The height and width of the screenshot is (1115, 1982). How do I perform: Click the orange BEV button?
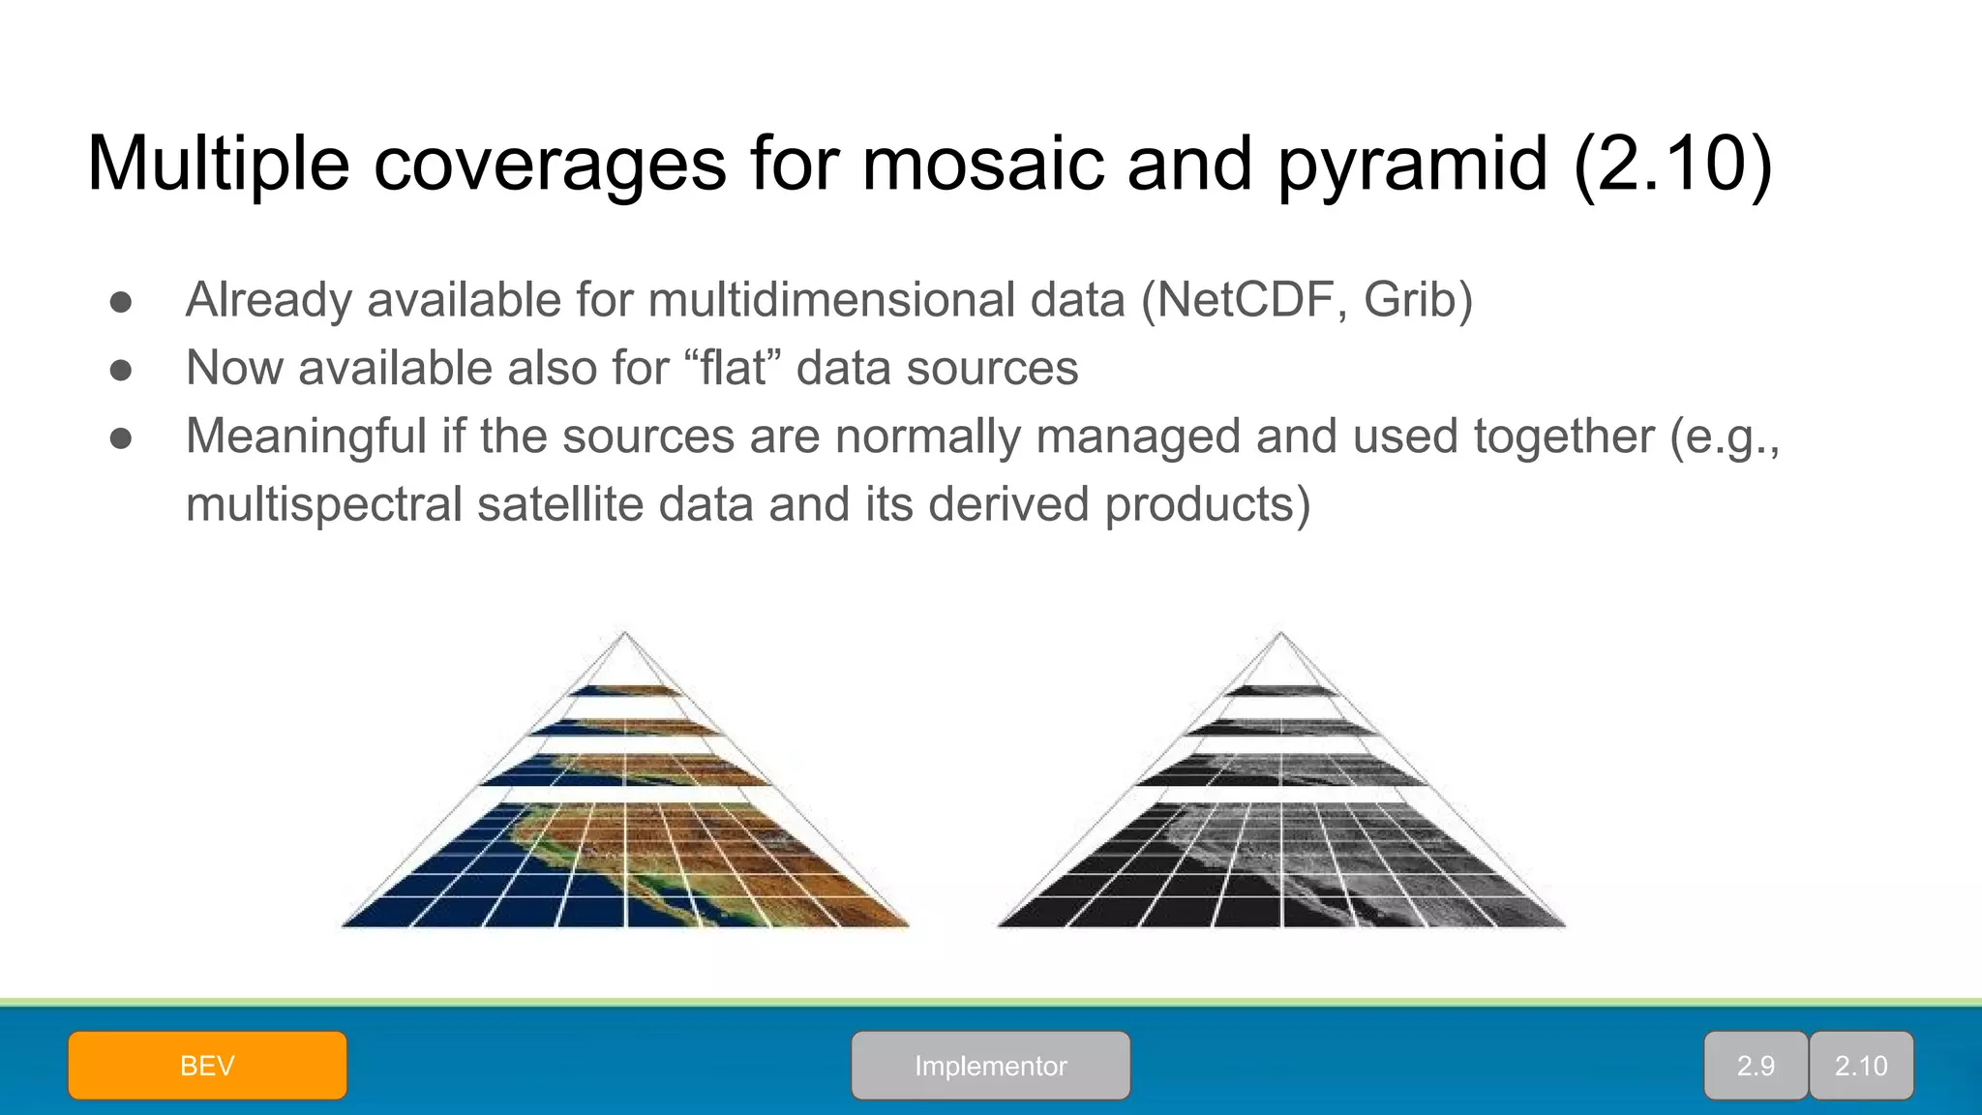click(x=207, y=1066)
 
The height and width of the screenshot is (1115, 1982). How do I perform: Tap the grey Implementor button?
click(x=990, y=1066)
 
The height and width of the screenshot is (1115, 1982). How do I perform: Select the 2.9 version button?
click(x=1755, y=1066)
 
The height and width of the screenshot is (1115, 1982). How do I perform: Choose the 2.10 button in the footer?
click(x=1861, y=1066)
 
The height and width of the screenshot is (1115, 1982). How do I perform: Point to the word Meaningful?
click(x=306, y=437)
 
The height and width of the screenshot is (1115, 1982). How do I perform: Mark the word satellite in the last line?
click(x=560, y=505)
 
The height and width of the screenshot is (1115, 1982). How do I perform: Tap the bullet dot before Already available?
click(x=121, y=302)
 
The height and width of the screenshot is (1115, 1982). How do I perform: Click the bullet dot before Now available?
click(x=121, y=371)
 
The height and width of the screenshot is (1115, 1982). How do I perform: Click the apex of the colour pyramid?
click(x=625, y=633)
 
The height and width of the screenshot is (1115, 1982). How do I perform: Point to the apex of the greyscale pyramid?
click(x=1280, y=633)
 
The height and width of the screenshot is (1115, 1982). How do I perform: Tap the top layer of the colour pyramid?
click(x=625, y=690)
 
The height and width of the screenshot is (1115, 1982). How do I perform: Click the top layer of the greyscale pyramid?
click(x=1280, y=690)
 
